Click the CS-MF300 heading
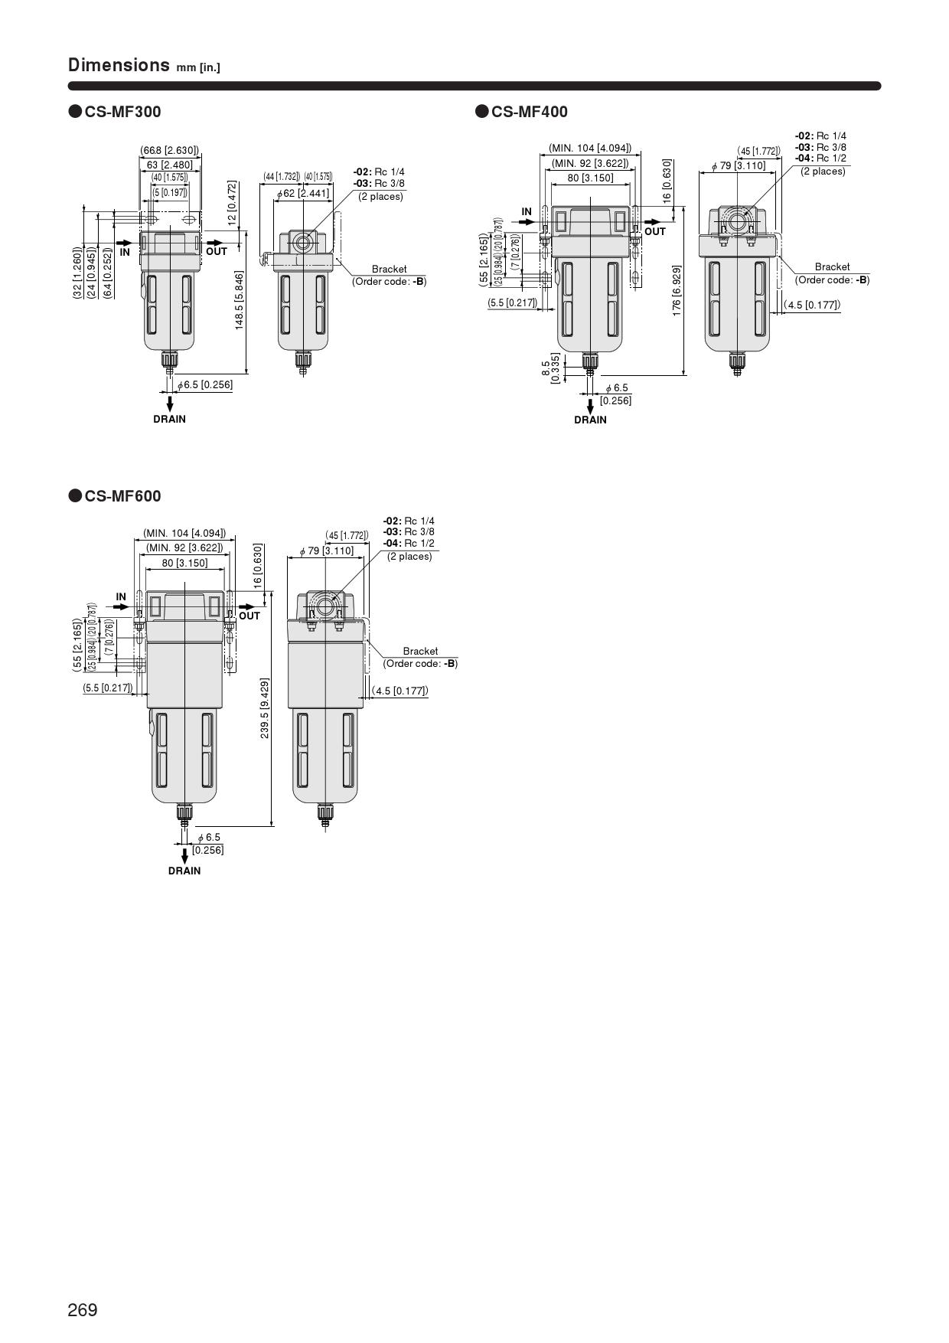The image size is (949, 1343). pos(122,112)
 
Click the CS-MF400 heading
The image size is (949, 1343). pos(529,112)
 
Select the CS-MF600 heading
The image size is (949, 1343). pos(122,496)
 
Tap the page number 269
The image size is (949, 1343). pos(83,1310)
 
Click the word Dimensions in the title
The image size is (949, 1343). pos(119,64)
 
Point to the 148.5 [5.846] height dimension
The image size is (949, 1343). pos(240,300)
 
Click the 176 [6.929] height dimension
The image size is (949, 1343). pos(677,291)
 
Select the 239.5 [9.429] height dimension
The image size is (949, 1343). pos(265,707)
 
